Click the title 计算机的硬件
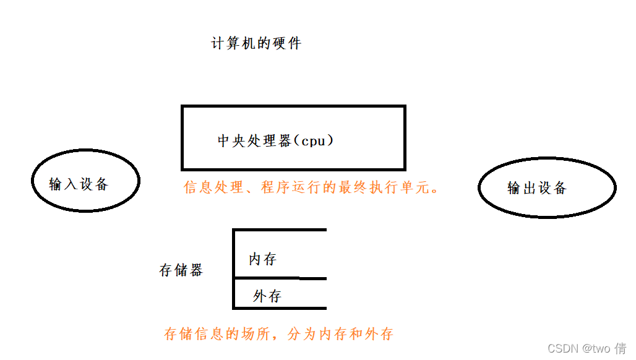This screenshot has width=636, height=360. [x=256, y=44]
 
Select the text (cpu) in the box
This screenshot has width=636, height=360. [x=313, y=141]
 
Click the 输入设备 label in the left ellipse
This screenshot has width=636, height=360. [x=79, y=184]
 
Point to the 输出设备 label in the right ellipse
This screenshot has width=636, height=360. [x=537, y=188]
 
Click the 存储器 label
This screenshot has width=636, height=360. [x=181, y=270]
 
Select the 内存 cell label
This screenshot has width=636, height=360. [x=262, y=259]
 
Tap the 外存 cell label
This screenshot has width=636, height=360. [x=267, y=296]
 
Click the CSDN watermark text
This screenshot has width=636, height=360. [x=562, y=349]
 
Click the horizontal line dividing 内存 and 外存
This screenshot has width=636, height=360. [x=280, y=278]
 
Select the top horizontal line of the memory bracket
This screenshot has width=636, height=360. [x=280, y=230]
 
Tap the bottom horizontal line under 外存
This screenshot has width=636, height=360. [x=280, y=307]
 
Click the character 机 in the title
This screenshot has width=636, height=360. [x=249, y=44]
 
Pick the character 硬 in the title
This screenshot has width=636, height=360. [x=278, y=44]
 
